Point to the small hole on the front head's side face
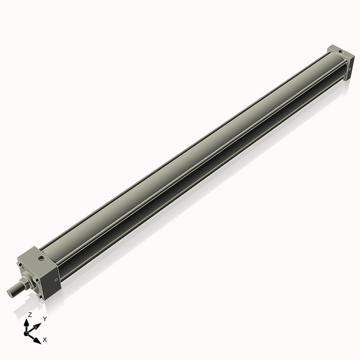pos(56,279)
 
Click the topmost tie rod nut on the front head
pos(22,260)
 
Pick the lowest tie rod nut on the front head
pos(39,295)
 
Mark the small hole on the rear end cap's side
pos(350,69)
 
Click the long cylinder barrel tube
pos(192,156)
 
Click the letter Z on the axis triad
pos(29,314)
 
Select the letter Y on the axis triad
pos(44,319)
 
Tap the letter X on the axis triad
pos(45,340)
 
